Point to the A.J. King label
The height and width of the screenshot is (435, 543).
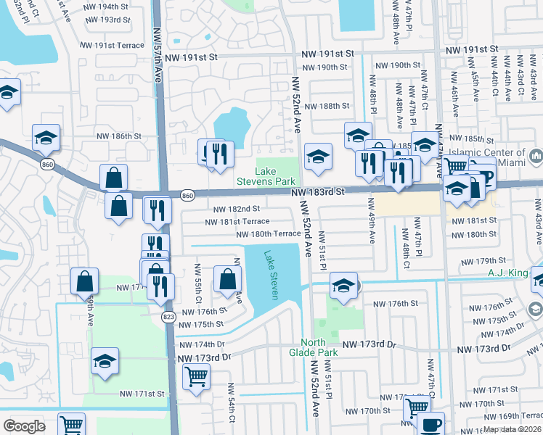coord(507,273)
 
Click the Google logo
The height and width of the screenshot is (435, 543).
coord(24,426)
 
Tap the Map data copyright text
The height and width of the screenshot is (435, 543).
coord(513,429)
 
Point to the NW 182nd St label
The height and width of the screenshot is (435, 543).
coord(237,209)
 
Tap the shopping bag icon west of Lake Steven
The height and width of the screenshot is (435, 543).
coord(228,278)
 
